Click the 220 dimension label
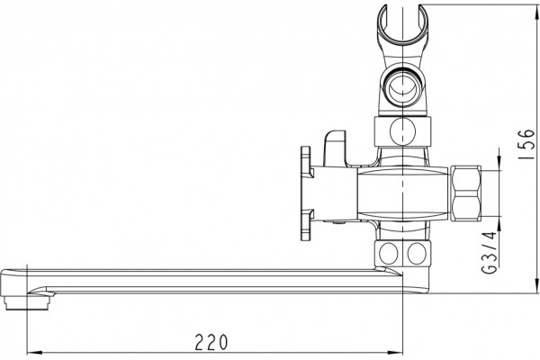pos(211,341)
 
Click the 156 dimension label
pos(526,144)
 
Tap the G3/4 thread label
pos(490,253)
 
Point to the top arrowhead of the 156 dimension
pos(537,13)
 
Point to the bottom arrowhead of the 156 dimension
pos(537,286)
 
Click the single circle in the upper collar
pos(402,130)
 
